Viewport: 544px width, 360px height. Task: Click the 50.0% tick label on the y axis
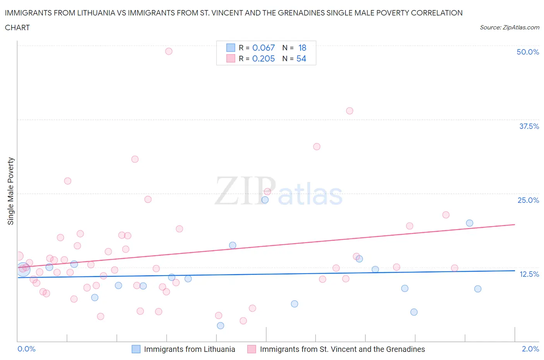pyautogui.click(x=528, y=52)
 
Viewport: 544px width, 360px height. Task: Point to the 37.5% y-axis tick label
pyautogui.click(x=529, y=126)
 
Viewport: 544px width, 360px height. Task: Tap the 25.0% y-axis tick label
pyautogui.click(x=528, y=200)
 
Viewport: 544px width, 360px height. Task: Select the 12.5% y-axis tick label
pyautogui.click(x=529, y=274)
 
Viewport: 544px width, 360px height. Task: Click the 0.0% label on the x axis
pyautogui.click(x=26, y=349)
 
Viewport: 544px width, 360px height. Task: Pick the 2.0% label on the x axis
pyautogui.click(x=530, y=349)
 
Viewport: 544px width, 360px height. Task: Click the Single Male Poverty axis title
pyautogui.click(x=11, y=191)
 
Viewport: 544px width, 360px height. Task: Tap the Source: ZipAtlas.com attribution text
pyautogui.click(x=509, y=27)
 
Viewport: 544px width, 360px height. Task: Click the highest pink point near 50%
pyautogui.click(x=169, y=51)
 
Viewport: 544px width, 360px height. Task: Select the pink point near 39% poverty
pyautogui.click(x=350, y=111)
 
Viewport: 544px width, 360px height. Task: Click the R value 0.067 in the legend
pyautogui.click(x=263, y=48)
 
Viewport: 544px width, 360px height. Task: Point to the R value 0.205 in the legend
pyautogui.click(x=263, y=58)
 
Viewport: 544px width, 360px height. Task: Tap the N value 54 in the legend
pyautogui.click(x=301, y=58)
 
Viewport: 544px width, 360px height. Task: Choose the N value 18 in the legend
pyautogui.click(x=302, y=48)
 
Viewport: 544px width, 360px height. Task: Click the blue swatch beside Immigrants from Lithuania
pyautogui.click(x=136, y=349)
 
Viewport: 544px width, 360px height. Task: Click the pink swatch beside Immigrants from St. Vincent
pyautogui.click(x=252, y=349)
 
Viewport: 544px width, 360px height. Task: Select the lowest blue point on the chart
pyautogui.click(x=221, y=326)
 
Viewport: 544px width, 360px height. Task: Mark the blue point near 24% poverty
pyautogui.click(x=265, y=200)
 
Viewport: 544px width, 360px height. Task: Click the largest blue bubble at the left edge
pyautogui.click(x=23, y=269)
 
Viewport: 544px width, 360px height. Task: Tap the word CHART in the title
pyautogui.click(x=17, y=27)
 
